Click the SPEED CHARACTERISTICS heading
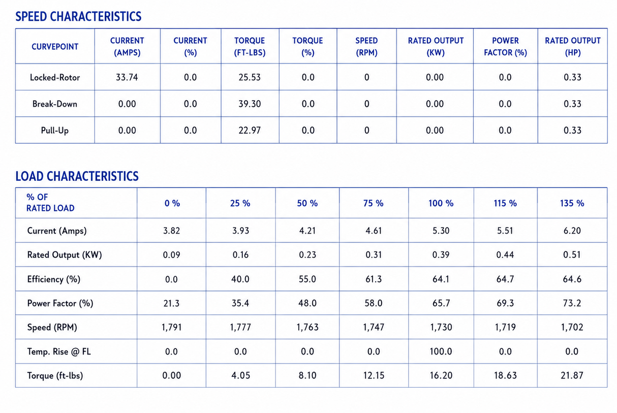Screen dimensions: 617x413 coord(78,17)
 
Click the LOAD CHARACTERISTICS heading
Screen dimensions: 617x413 coord(77,176)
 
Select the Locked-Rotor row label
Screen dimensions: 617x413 coord(55,77)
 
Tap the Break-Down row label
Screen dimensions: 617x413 coord(55,104)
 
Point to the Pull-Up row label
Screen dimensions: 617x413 coord(55,130)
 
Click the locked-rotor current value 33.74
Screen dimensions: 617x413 coord(127,77)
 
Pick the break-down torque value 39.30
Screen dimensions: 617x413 coord(250,104)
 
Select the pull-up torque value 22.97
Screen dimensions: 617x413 coord(250,130)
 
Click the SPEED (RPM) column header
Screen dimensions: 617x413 coord(366,47)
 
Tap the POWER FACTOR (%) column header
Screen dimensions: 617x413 coord(506,47)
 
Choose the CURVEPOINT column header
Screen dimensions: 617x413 coord(55,47)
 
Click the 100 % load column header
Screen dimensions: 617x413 coord(441,203)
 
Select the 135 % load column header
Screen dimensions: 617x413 coord(572,203)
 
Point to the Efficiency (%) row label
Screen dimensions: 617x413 coord(54,279)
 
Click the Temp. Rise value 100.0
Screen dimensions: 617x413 coord(441,352)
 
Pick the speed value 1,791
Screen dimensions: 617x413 coord(172,327)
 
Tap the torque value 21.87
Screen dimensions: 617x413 coord(572,375)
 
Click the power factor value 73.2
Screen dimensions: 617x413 coord(572,303)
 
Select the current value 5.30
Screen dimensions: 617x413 coord(441,231)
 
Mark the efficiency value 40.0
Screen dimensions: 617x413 coord(240,279)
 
